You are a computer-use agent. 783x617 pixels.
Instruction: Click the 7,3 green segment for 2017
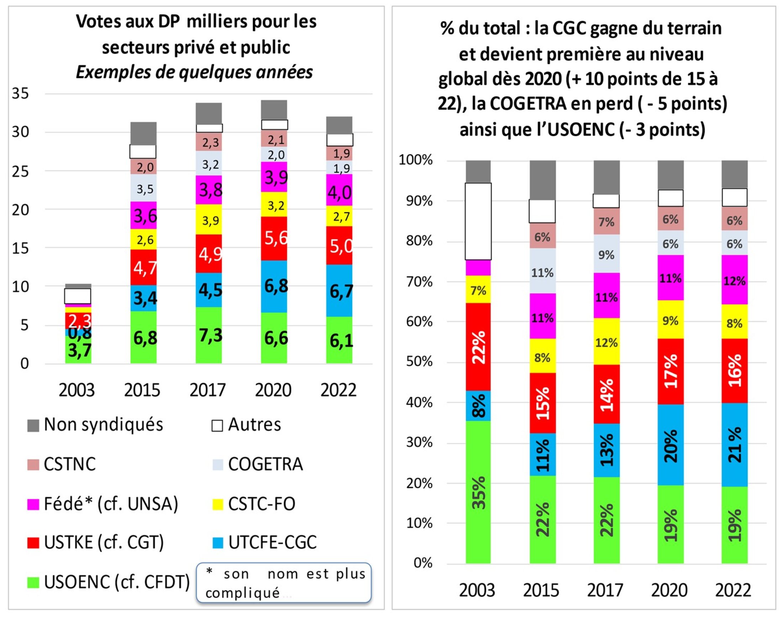pos(209,335)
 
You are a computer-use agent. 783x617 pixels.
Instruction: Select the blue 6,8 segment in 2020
pos(274,286)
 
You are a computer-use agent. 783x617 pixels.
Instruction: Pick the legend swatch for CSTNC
pos(33,465)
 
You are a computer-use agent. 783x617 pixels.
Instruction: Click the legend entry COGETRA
pos(265,465)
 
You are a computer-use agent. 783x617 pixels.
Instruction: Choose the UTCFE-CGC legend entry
pos(272,542)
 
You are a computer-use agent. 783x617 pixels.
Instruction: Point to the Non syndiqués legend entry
pos(103,425)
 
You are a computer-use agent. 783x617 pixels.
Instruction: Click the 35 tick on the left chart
pos(20,93)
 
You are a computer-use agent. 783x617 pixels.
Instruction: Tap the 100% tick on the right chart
pos(416,160)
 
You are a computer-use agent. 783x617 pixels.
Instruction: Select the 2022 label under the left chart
pos(338,390)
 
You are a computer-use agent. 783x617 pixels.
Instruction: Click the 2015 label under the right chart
pos(541,590)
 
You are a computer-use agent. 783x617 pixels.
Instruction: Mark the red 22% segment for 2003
pos(478,347)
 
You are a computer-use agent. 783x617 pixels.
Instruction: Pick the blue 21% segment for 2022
pos(735,445)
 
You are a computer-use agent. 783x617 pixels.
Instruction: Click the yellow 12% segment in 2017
pos(606,342)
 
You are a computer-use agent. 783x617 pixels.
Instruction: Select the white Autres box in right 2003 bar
pos(478,221)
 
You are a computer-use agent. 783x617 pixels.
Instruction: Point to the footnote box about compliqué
pos(284,582)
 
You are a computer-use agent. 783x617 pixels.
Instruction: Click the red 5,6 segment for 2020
pos(274,238)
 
